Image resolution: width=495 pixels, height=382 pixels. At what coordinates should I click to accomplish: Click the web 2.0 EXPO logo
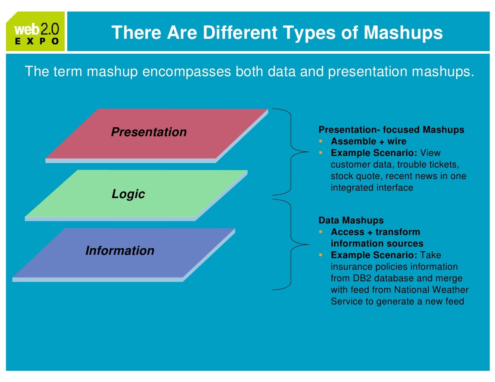36,32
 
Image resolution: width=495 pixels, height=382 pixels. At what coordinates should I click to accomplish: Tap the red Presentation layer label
149,132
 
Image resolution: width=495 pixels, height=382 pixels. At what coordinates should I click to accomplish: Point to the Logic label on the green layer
128,194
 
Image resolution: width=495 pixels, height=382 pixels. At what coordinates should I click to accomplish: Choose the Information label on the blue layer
120,251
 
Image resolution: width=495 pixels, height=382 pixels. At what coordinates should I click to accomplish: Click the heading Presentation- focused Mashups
391,130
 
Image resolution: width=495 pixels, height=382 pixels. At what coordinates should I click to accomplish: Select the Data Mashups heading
351,220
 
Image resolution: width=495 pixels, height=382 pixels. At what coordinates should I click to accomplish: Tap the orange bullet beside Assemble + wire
321,141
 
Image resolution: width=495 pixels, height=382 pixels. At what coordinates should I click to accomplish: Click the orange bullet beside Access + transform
321,232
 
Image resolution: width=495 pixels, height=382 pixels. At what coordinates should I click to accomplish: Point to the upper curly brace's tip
308,152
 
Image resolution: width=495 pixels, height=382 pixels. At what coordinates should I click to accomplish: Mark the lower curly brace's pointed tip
308,245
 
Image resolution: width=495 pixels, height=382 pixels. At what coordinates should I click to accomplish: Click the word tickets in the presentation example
444,165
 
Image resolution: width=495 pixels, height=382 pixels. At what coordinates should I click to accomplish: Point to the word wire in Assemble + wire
397,141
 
